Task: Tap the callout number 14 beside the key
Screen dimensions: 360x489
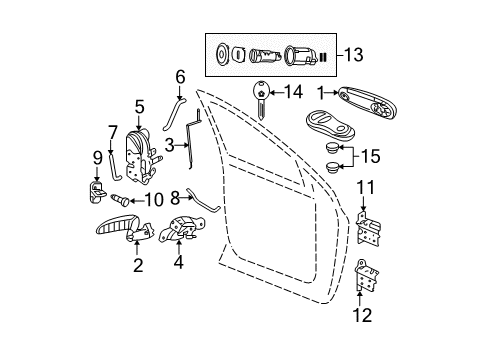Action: (x=293, y=91)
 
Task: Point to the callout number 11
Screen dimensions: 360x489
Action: (x=366, y=186)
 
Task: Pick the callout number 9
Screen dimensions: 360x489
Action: (x=98, y=157)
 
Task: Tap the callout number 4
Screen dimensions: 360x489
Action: (x=179, y=265)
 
